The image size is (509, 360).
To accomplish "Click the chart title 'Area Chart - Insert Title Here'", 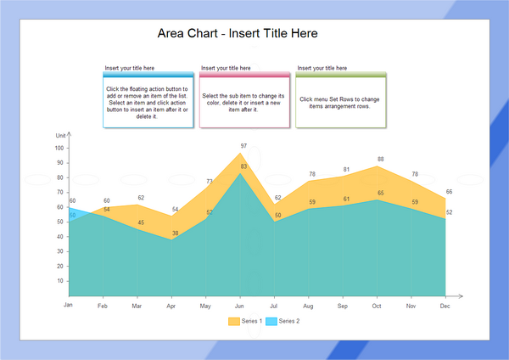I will (x=238, y=33).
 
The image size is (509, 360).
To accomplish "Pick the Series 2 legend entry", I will (x=282, y=321).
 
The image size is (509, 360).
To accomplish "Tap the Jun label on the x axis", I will (x=239, y=305).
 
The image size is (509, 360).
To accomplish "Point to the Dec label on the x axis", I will (x=444, y=305).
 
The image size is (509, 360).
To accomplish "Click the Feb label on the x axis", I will (x=103, y=305).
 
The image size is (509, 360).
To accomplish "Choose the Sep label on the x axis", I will (x=342, y=305).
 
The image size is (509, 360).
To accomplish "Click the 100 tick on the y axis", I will (x=59, y=148).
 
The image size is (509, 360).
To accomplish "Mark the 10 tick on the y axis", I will (x=61, y=281).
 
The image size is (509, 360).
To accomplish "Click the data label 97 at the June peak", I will (x=243, y=146).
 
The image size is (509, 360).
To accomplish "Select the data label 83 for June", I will (x=243, y=166).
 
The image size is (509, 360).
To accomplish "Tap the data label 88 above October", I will (x=381, y=159).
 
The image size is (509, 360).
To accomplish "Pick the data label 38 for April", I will (x=176, y=233).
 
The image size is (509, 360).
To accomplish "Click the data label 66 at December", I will (x=449, y=192).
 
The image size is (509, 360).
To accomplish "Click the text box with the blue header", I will (x=148, y=102).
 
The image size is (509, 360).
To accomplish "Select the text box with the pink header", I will (x=244, y=102).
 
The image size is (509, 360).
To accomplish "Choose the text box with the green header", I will (x=340, y=102).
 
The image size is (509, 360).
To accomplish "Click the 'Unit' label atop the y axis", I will (x=60, y=136).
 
